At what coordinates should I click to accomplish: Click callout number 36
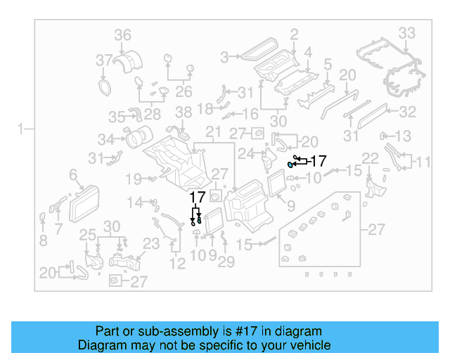pos(123,34)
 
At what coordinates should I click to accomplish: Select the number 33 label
pos(407,33)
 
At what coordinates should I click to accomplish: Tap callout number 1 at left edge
pos(22,128)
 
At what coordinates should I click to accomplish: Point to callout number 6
pos(72,174)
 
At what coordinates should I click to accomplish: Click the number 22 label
pos(370,157)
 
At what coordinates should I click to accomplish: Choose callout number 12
pos(177,264)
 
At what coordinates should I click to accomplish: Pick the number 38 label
pos(183,112)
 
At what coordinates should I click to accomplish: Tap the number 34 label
pos(105,139)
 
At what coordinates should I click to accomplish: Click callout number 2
pos(294,33)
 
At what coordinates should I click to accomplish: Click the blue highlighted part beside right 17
pos(290,164)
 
